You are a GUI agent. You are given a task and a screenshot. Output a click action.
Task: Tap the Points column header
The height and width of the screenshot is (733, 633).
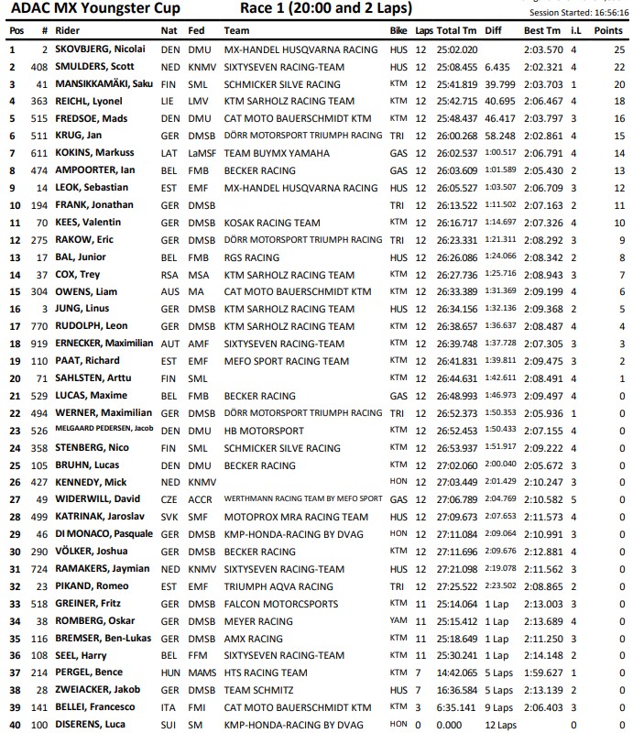[607, 30]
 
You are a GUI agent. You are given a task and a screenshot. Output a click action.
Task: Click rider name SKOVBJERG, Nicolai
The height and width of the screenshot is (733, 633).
[103, 49]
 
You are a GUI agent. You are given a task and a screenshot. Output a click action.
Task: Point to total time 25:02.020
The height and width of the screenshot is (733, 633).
[457, 49]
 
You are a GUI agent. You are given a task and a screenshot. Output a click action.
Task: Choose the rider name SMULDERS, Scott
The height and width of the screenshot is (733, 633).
[95, 67]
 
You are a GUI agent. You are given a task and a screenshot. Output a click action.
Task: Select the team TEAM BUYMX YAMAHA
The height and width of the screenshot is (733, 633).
[276, 153]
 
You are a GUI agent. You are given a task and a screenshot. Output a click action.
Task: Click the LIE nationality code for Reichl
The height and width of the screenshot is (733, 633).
[169, 101]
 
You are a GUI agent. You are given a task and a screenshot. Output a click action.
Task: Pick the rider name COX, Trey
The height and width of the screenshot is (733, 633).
[80, 274]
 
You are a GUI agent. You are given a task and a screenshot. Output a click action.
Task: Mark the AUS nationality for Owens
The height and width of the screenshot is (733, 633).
[169, 291]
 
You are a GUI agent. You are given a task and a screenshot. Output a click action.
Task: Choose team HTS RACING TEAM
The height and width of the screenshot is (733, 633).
[267, 673]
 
